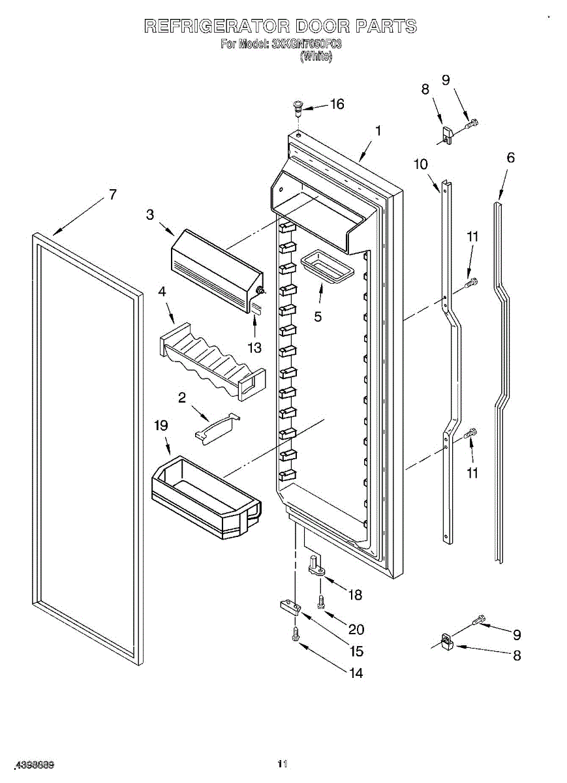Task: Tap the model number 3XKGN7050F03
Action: pos(306,44)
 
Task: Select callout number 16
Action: pos(337,104)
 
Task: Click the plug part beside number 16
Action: pos(298,105)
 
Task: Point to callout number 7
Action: pos(113,194)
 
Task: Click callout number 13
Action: pos(254,348)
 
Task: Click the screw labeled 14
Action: pos(296,632)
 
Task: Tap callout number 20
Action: pos(356,630)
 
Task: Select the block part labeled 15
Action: pos(289,607)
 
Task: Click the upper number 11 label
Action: pos(472,237)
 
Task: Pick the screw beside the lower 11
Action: pos(470,433)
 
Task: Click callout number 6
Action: pos(510,157)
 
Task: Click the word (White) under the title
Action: pos(316,57)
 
